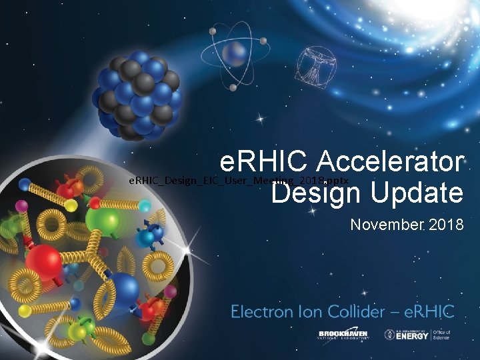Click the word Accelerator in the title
point(390,162)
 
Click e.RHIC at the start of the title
point(266,162)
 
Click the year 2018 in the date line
point(445,225)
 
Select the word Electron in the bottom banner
point(262,311)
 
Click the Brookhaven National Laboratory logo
point(344,335)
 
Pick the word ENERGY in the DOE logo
point(417,335)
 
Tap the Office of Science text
point(441,335)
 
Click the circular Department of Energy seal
point(390,335)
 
